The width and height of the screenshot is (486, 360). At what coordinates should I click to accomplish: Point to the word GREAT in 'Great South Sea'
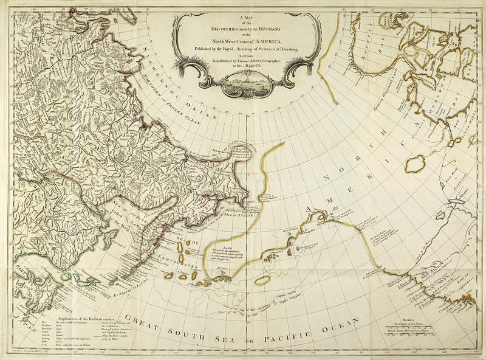(140, 323)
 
